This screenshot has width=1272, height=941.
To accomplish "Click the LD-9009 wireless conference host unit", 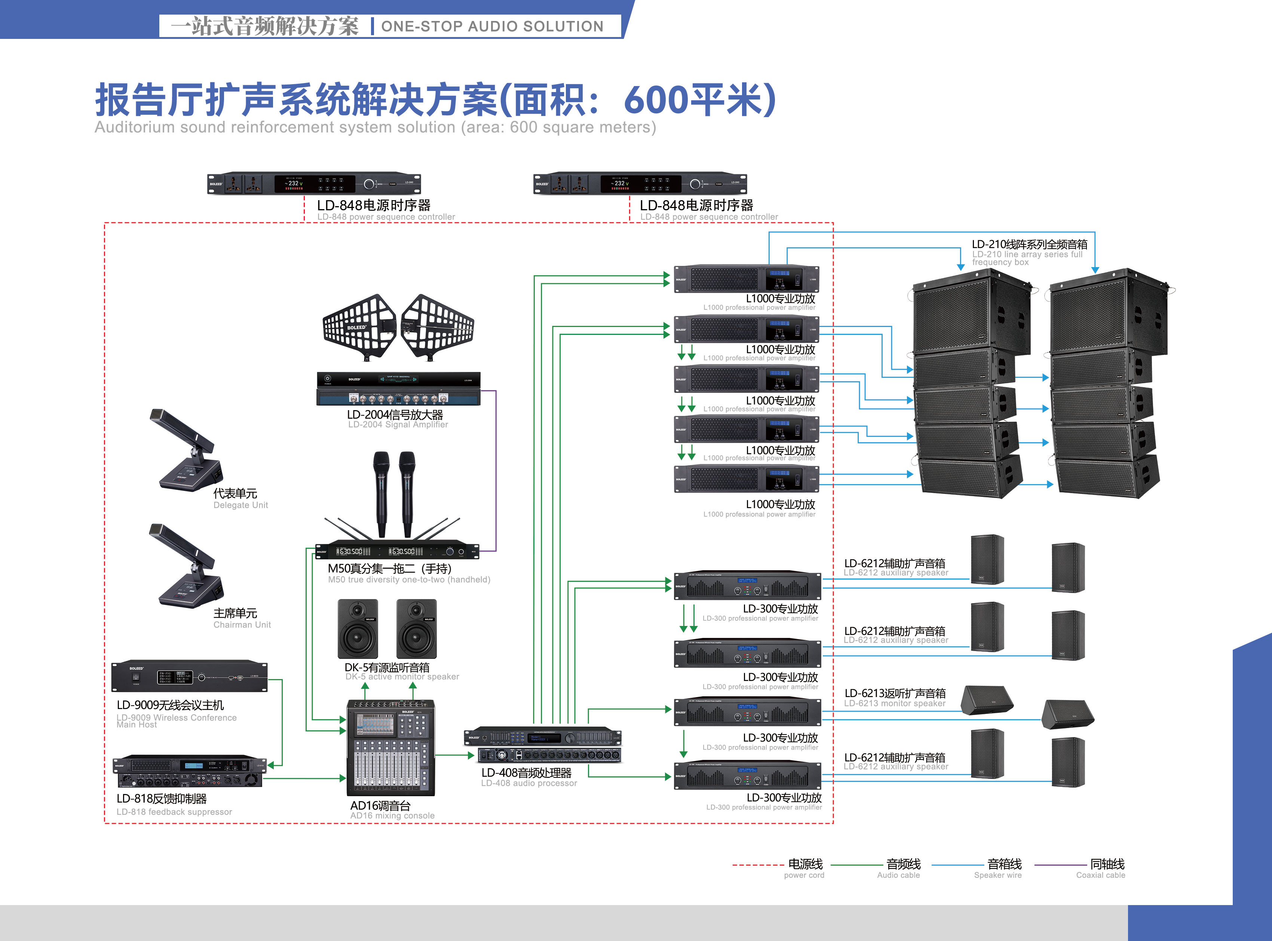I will click(x=189, y=677).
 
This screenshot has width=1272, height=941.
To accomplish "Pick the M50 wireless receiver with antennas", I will click(x=397, y=551).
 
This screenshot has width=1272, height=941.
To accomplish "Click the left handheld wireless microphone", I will click(x=381, y=493).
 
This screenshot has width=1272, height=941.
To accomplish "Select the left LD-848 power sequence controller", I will click(x=314, y=183).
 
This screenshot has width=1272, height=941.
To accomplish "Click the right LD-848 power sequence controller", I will click(x=640, y=183).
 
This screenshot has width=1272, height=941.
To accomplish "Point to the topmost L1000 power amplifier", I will click(x=746, y=279).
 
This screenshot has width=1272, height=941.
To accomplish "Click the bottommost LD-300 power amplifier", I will click(x=747, y=776).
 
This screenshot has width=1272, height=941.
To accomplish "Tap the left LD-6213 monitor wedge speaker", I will click(x=987, y=701).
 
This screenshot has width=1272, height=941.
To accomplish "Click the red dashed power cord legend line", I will click(x=758, y=865).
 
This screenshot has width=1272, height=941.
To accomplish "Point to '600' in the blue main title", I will click(x=655, y=100).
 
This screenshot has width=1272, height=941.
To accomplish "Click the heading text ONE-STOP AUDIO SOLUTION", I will click(x=492, y=26).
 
